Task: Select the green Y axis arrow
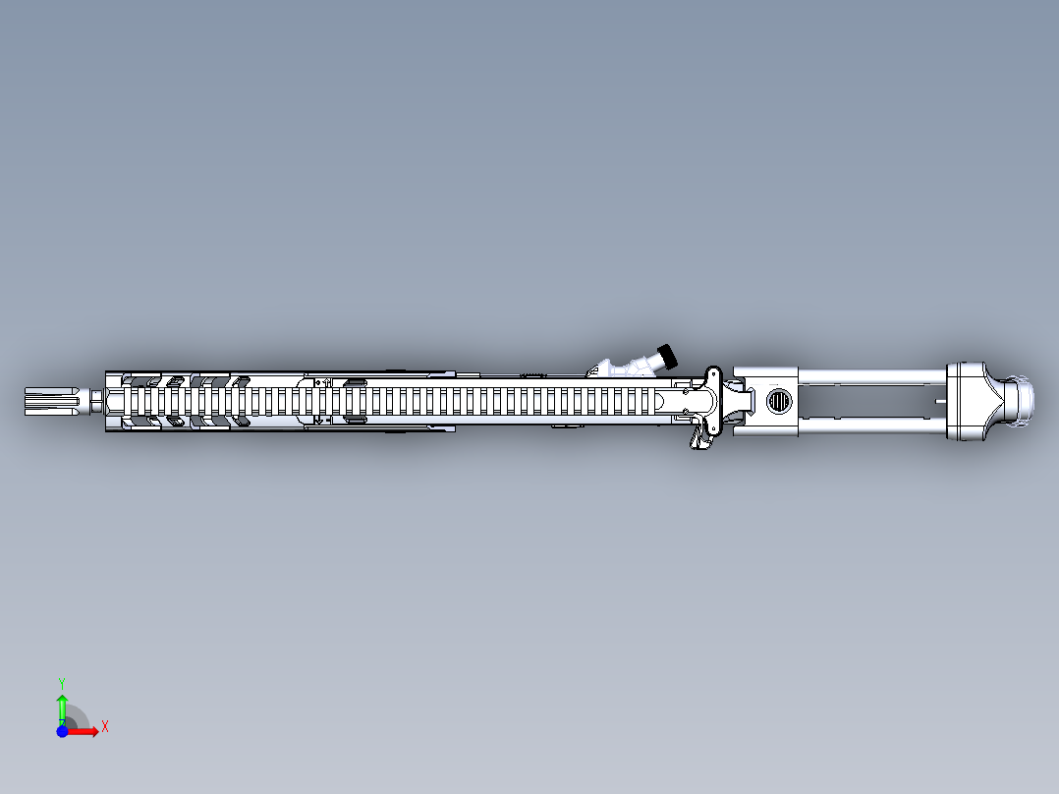coord(61,707)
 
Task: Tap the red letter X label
coord(104,726)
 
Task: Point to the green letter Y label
coord(61,682)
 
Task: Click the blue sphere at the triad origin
coord(62,731)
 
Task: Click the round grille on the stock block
coord(778,401)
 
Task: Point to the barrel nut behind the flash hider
coord(97,401)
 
